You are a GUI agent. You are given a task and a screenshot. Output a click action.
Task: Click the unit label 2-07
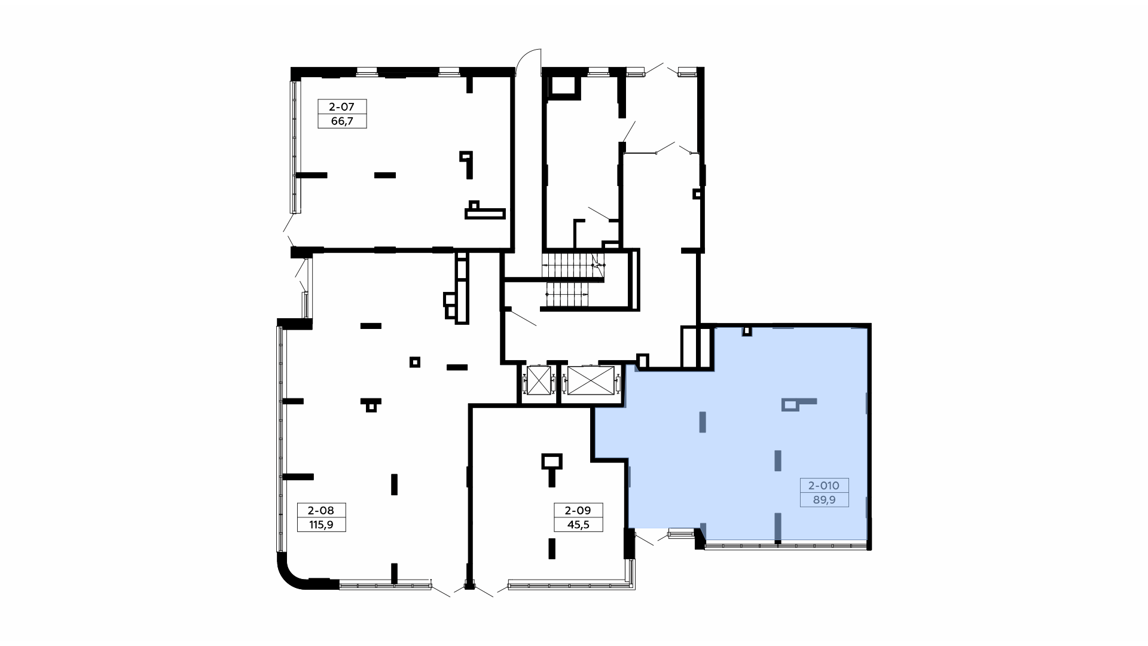341,107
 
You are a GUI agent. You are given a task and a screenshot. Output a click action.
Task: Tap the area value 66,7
341,121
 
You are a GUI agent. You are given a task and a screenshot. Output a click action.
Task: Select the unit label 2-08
321,510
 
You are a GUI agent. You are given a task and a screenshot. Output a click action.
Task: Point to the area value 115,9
321,525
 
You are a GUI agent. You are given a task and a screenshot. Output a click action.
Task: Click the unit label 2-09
578,510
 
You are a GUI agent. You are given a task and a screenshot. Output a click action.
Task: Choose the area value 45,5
578,525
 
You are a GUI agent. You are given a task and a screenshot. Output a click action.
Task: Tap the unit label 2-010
824,485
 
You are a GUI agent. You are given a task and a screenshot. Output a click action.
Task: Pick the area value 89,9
824,499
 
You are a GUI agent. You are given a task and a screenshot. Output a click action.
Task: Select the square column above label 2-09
552,462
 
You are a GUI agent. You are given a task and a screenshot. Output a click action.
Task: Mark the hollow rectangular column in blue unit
790,406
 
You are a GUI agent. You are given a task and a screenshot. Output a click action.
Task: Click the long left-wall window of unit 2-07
295,147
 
